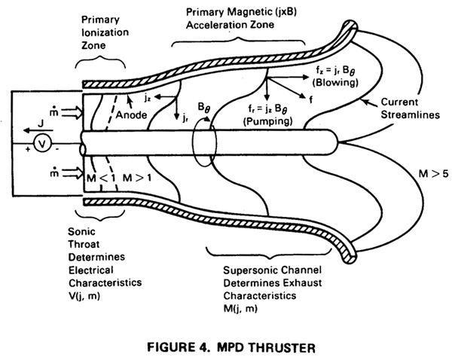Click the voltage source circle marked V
pyautogui.click(x=42, y=144)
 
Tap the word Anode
pyautogui.click(x=131, y=115)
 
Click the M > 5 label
pyautogui.click(x=434, y=174)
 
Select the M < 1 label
pyautogui.click(x=101, y=178)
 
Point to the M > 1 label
pyautogui.click(x=137, y=178)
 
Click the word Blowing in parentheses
pyautogui.click(x=335, y=83)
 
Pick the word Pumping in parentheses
pyautogui.click(x=268, y=121)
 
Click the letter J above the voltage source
pyautogui.click(x=41, y=124)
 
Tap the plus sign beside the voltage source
pyautogui.click(x=28, y=149)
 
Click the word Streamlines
pyautogui.click(x=411, y=114)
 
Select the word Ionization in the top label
pyautogui.click(x=105, y=32)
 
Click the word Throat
pyautogui.click(x=84, y=244)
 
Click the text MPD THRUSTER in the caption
pyautogui.click(x=266, y=347)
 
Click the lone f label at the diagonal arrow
pyautogui.click(x=310, y=99)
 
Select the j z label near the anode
pyautogui.click(x=148, y=98)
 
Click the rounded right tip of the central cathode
pyautogui.click(x=337, y=142)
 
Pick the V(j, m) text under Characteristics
pyautogui.click(x=84, y=296)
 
